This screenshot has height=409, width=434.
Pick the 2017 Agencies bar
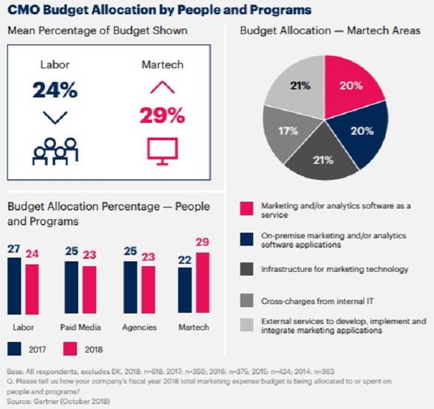point(130,290)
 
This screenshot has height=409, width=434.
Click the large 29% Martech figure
point(162,115)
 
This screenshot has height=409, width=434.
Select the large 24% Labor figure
point(55,89)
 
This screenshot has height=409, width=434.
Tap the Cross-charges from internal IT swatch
point(246,301)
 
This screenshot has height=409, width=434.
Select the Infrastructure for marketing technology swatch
point(246,269)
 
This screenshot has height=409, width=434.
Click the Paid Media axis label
point(81,327)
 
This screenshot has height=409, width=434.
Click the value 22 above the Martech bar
point(184,259)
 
